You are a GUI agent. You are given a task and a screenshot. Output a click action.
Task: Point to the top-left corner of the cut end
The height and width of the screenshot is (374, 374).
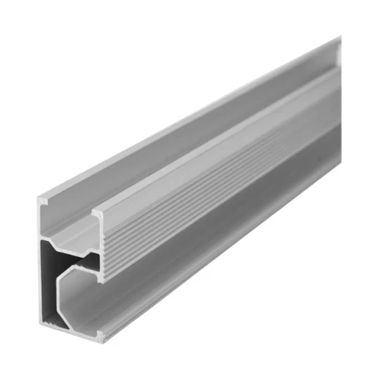41,197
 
